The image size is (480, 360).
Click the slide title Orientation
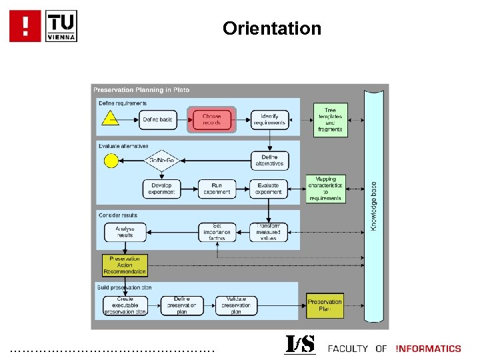pyautogui.click(x=272, y=29)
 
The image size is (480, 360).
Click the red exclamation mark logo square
pyautogui.click(x=25, y=26)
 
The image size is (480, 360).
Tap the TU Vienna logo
pyautogui.click(x=61, y=26)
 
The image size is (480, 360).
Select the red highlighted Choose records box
pyautogui.click(x=211, y=120)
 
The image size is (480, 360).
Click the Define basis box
pyautogui.click(x=158, y=120)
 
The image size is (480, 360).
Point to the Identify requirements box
pyautogui.click(x=269, y=120)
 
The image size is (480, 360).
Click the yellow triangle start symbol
pyautogui.click(x=110, y=119)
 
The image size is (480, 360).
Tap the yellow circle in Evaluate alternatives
pyautogui.click(x=111, y=161)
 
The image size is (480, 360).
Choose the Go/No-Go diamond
pyautogui.click(x=161, y=161)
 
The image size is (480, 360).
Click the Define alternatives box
pyautogui.click(x=269, y=161)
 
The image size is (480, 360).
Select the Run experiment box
pyautogui.click(x=217, y=189)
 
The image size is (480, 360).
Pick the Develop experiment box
pyautogui.click(x=161, y=189)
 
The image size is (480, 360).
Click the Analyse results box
pyautogui.click(x=125, y=232)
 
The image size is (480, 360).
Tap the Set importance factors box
pyautogui.click(x=217, y=232)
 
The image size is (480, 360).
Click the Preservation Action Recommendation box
pyautogui.click(x=125, y=265)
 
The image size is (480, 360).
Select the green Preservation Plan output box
pyautogui.click(x=325, y=305)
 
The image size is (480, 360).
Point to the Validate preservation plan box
pyautogui.click(x=236, y=305)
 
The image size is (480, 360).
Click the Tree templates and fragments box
pyautogui.click(x=330, y=120)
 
